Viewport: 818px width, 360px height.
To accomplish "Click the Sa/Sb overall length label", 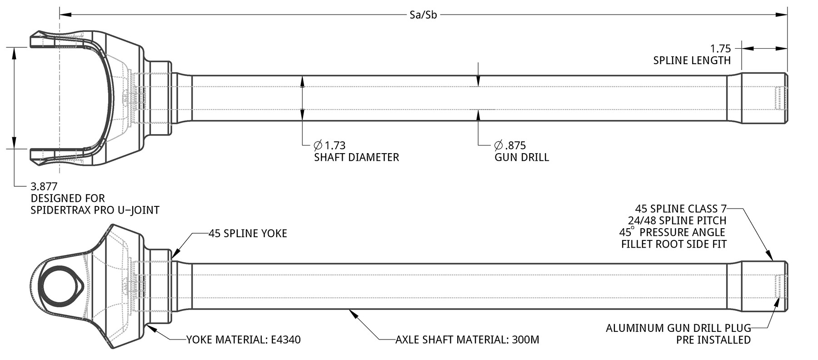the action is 423,15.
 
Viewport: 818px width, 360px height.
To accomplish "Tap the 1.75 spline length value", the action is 720,49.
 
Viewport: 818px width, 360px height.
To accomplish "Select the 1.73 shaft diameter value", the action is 335,145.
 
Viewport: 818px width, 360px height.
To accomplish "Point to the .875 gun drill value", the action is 515,145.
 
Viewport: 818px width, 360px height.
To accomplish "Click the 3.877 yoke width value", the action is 44,186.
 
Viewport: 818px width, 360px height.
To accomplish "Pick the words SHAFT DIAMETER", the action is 356,157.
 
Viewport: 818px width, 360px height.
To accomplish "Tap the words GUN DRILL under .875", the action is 522,157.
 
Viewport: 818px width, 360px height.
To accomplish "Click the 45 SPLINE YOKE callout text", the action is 248,234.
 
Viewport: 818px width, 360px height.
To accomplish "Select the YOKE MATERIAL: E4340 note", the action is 244,340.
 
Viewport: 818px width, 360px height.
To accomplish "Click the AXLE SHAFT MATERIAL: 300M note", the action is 467,340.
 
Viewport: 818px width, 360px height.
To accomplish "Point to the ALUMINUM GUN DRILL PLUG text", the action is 678,328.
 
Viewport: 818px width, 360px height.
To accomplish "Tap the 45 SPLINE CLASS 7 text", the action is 681,209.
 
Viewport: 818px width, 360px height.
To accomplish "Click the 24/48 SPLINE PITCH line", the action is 677,220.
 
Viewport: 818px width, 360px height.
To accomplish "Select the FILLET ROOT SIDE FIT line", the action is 674,244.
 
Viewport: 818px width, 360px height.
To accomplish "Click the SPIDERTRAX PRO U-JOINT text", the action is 95,210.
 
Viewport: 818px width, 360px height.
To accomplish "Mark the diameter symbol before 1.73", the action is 318,145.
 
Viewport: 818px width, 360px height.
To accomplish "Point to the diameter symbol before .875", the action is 499,145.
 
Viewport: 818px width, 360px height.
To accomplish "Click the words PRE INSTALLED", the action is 713,340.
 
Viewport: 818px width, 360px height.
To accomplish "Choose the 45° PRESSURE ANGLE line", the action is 672,232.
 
